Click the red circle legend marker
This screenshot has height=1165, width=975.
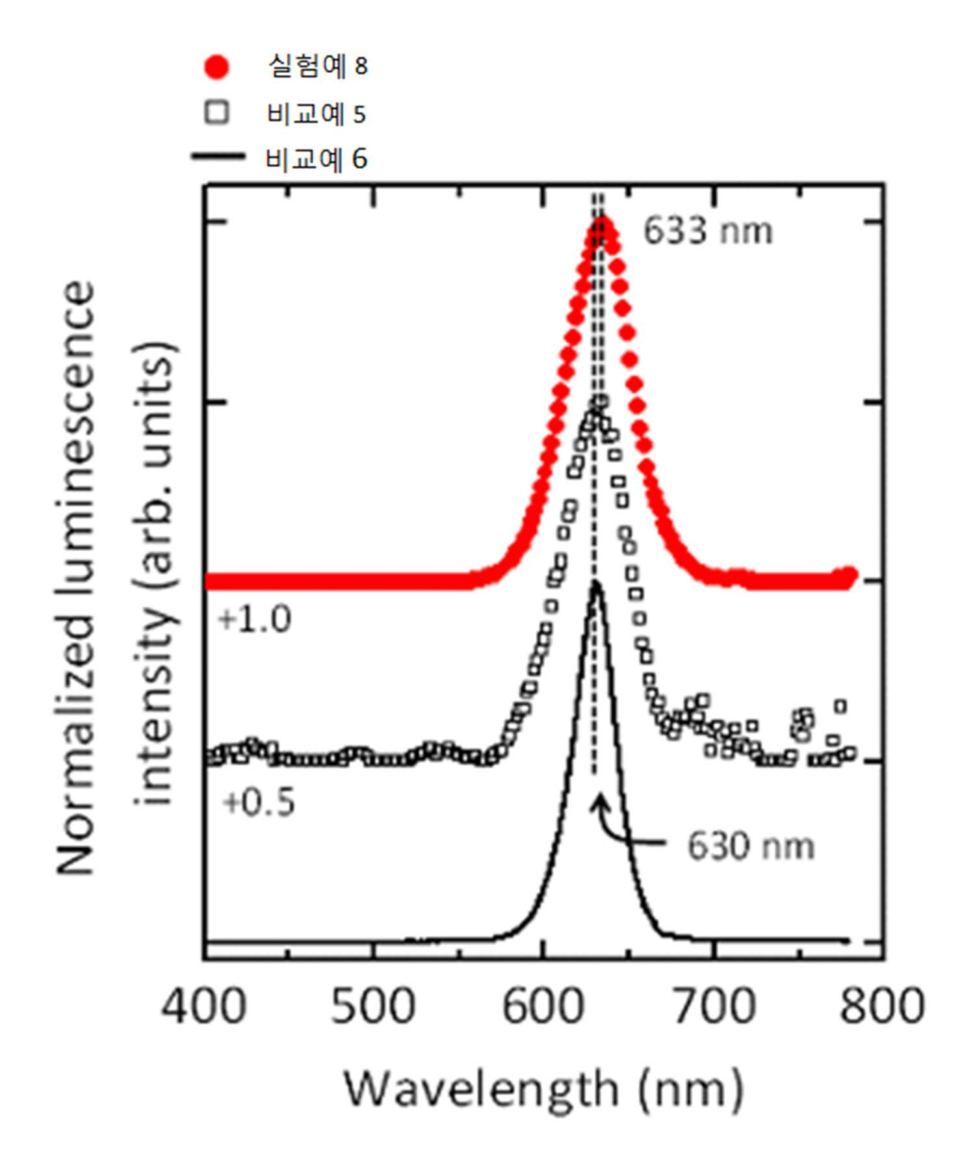coord(216,67)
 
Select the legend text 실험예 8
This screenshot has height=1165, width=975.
coord(318,66)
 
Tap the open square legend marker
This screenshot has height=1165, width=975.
coord(216,113)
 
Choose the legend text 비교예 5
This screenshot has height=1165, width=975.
coord(317,114)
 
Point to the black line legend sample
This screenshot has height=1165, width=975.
coord(218,156)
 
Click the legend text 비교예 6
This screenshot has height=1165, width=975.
coord(317,159)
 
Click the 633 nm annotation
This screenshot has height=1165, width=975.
coord(708,231)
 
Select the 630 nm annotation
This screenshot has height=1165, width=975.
coord(751,846)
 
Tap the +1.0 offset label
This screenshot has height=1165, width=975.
coord(255,619)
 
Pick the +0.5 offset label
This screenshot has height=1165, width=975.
coord(259,802)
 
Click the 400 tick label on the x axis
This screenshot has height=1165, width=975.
coord(203,1005)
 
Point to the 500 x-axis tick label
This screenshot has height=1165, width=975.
coord(372,1005)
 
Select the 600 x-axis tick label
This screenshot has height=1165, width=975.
coord(543,1005)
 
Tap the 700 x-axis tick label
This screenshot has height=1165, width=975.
coord(713,1005)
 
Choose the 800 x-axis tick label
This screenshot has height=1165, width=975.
coord(882,1005)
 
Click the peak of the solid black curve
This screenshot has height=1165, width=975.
coord(596,583)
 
